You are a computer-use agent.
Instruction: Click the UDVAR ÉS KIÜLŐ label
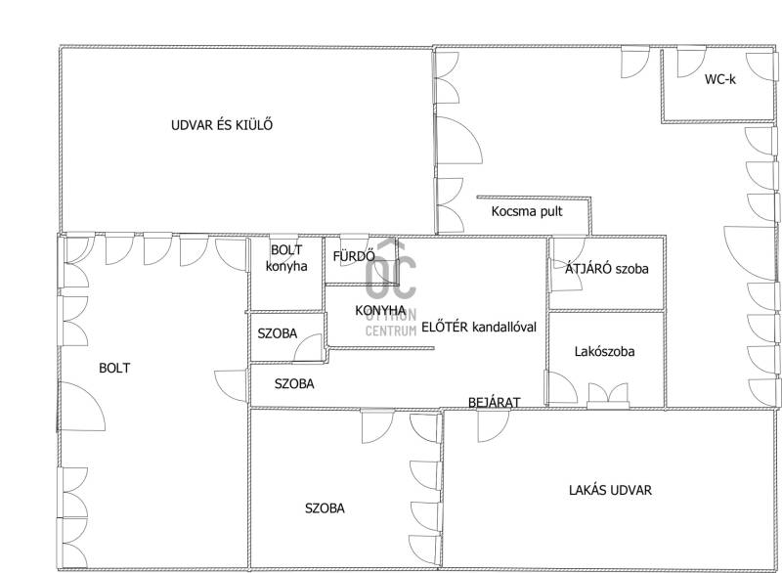pos(222,125)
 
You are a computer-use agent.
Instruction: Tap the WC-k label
pos(719,79)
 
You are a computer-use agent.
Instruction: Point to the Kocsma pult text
pos(527,211)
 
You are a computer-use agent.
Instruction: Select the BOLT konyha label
pos(286,258)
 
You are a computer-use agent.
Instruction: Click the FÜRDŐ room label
pos(354,256)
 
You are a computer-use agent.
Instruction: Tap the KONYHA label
pos(380,310)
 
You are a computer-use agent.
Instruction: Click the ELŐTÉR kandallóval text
pos(479,328)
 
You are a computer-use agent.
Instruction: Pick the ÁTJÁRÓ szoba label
pos(606,269)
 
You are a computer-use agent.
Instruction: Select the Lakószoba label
pos(604,352)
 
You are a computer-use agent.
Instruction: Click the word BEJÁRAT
pos(495,402)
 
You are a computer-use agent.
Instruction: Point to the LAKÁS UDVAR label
pos(610,490)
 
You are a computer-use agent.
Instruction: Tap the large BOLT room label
pos(114,368)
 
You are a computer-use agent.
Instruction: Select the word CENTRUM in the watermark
pos(391,331)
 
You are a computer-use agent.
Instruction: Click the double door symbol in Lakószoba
pos(607,395)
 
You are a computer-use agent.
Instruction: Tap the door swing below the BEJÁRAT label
pos(494,426)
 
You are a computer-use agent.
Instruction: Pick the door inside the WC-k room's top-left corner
pos(691,62)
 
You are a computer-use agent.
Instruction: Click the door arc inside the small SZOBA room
pos(308,347)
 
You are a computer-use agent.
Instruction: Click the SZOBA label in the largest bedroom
pos(325,508)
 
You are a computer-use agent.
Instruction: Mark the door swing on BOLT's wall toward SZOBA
pos(231,385)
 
